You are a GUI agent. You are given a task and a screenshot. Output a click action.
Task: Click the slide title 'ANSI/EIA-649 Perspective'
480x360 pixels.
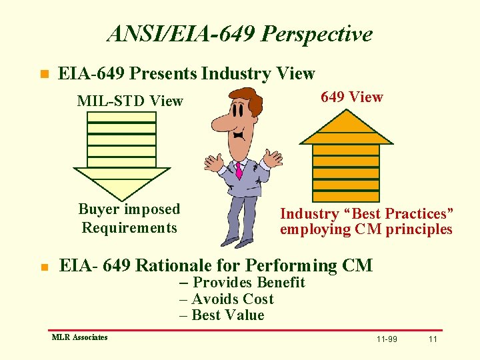coord(239,33)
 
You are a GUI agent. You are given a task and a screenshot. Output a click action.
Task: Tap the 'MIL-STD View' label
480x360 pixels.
coord(130,101)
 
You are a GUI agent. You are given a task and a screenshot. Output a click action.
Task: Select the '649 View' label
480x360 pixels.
coord(351,97)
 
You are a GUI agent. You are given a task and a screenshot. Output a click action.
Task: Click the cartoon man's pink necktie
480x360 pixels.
coord(238,170)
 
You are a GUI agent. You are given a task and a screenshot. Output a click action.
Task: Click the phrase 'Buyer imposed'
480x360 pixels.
coord(129,209)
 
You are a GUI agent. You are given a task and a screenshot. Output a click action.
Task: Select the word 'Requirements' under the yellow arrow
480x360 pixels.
coord(129,228)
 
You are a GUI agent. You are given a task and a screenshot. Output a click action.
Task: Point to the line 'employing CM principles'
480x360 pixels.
coord(366,230)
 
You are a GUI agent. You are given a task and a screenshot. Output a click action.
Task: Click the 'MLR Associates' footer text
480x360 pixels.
coord(79,337)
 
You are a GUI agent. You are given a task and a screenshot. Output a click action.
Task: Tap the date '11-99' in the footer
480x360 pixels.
coord(387,339)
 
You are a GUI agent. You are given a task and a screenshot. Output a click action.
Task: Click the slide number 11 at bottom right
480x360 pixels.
coord(433,339)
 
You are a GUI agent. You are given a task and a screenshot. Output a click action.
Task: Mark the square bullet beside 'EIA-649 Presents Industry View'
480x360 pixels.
coord(45,74)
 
